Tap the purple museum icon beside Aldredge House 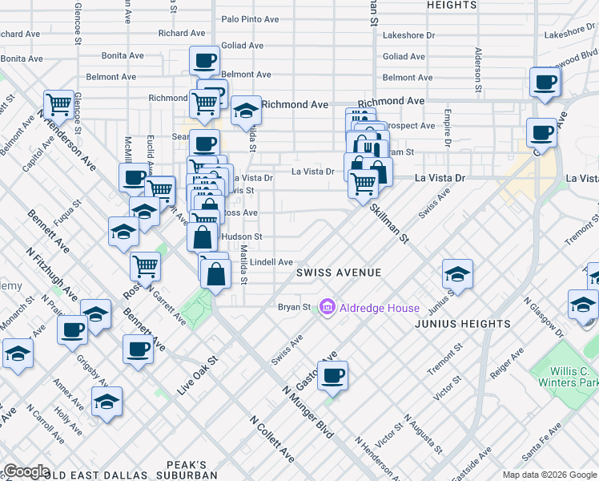pyautogui.click(x=327, y=307)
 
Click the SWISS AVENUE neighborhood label pyautogui.click(x=339, y=273)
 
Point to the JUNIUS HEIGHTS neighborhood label pyautogui.click(x=463, y=324)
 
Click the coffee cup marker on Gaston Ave pyautogui.click(x=332, y=374)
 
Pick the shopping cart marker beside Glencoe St pyautogui.click(x=59, y=103)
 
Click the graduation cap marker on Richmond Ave pyautogui.click(x=246, y=109)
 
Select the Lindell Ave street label pyautogui.click(x=271, y=262)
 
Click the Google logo pyautogui.click(x=26, y=471)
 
